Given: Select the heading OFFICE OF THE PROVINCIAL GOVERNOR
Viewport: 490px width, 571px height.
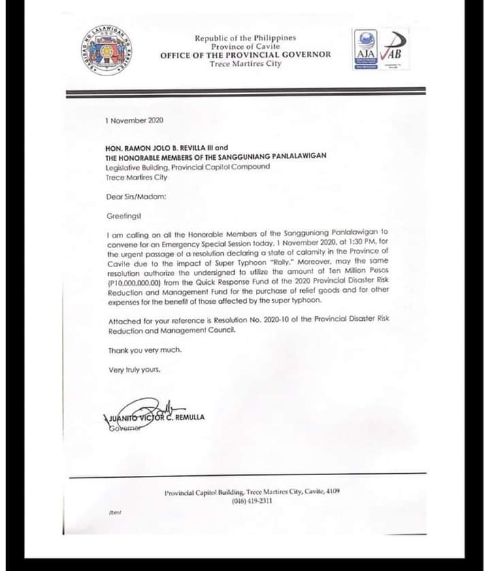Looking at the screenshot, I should [x=246, y=54].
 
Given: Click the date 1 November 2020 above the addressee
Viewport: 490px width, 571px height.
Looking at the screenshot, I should [x=134, y=120].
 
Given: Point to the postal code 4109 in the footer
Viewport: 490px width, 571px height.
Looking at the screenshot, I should [x=333, y=491].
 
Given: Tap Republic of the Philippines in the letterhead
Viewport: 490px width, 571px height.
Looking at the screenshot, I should [x=245, y=38].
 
